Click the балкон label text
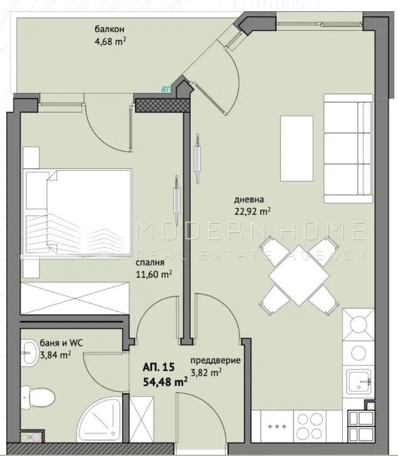click(x=110, y=29)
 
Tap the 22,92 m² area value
click(x=252, y=211)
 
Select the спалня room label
click(x=150, y=263)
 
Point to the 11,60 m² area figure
click(x=154, y=274)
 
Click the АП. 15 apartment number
click(x=158, y=367)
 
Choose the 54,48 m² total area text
click(x=165, y=382)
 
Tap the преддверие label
click(x=215, y=361)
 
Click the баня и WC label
click(x=61, y=343)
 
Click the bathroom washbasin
click(x=30, y=353)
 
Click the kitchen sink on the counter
click(x=359, y=381)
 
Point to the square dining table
click(x=299, y=275)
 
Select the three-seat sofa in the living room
click(x=348, y=148)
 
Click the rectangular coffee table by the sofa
click(x=296, y=148)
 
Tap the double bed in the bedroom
click(x=78, y=212)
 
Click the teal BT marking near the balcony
click(x=165, y=90)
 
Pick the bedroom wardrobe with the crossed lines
click(x=75, y=298)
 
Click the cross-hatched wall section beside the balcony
click(x=163, y=105)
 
